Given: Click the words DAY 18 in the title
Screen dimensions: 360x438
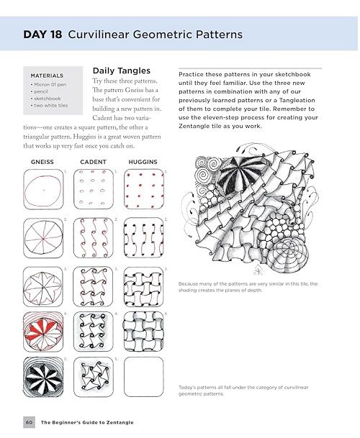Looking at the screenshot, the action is coord(42,35).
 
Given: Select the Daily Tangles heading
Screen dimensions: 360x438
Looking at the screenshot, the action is coord(122,70).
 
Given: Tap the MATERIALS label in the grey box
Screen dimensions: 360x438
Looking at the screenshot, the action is coord(47,76).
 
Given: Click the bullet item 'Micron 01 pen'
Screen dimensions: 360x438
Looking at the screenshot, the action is coord(50,84).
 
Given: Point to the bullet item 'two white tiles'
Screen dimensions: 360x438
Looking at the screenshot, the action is coord(50,105).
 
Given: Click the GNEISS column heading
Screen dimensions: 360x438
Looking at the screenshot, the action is coord(42,162).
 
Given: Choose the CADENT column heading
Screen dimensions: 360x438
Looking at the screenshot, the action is coord(93,162).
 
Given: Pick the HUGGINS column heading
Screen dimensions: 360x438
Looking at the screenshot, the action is coord(143,162).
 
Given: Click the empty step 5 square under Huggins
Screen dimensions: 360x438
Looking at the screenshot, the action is coord(143,377).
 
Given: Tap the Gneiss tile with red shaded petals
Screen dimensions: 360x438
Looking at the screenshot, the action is coord(43,332).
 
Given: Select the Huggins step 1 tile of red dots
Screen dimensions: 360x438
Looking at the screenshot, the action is coord(143,189).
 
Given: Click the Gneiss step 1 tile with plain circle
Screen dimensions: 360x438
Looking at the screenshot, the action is coord(43,189).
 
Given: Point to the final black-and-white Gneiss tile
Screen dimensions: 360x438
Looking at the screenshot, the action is coord(43,377).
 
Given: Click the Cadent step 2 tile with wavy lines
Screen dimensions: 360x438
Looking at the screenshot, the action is coord(94,238).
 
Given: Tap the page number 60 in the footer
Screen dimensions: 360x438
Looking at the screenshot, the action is coord(29,422).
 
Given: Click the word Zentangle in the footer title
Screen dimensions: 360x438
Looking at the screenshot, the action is coord(120,422).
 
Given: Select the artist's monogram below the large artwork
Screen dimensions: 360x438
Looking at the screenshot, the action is coord(258,270).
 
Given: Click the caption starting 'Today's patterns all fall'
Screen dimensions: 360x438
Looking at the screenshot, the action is coord(243,391).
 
